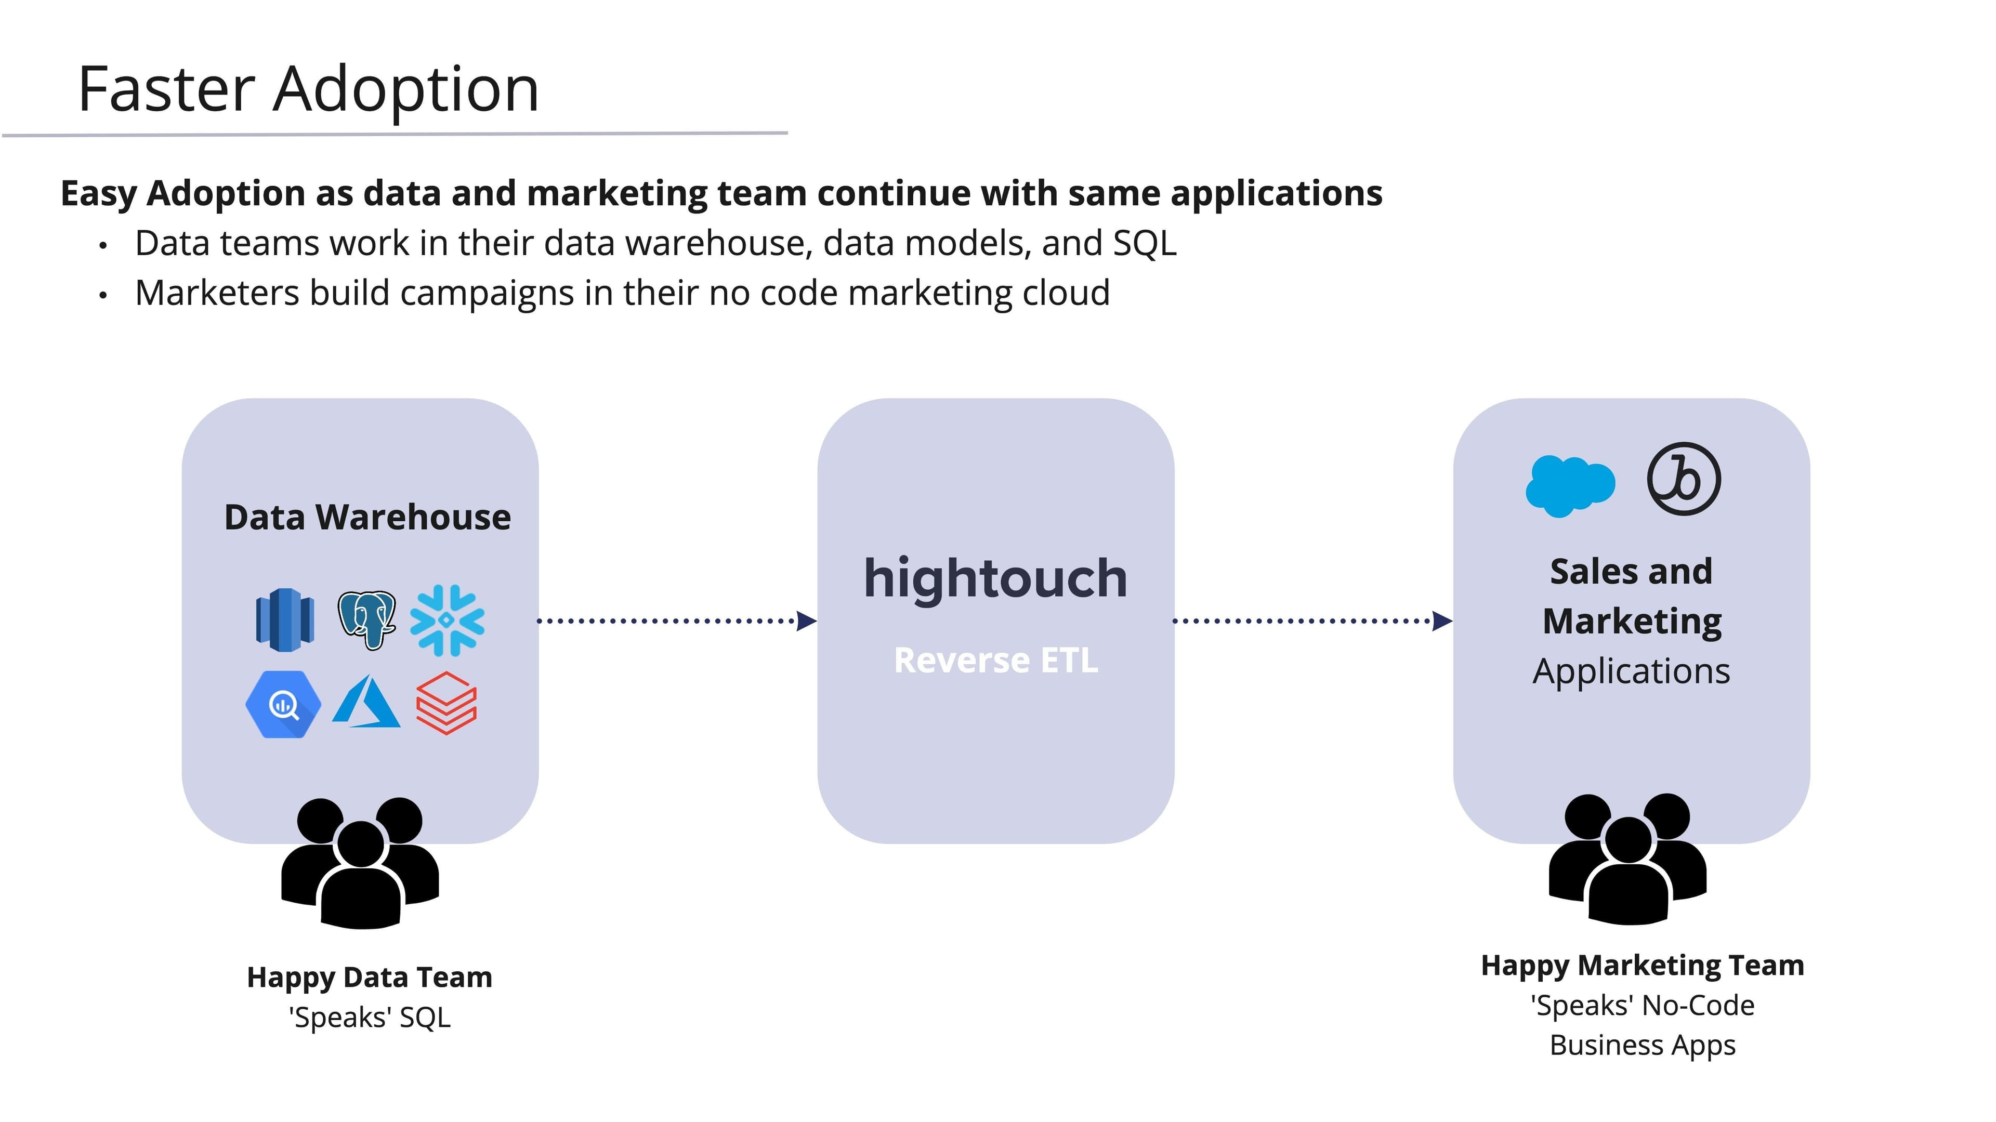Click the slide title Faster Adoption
(308, 90)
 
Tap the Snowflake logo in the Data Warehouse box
(447, 621)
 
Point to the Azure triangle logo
(366, 703)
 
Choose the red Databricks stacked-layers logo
(447, 703)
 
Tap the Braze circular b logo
(1683, 479)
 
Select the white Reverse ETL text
(996, 660)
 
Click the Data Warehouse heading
(367, 518)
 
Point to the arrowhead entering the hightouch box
(807, 621)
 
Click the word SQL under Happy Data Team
(425, 1018)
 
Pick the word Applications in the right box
(1631, 671)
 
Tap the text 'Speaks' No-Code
(1642, 1006)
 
